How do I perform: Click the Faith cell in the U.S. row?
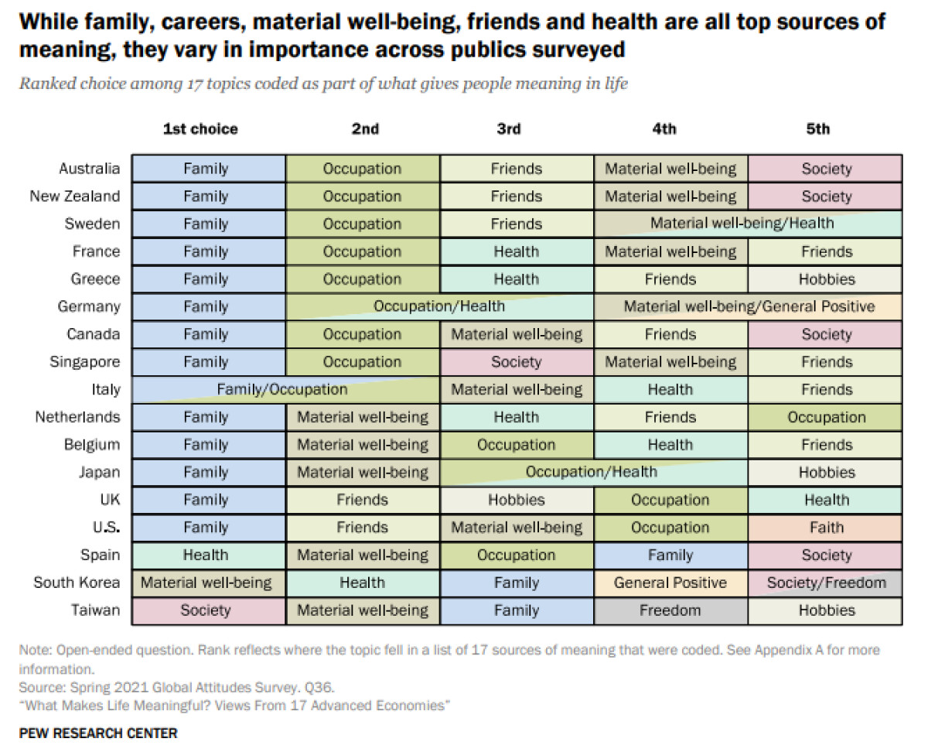click(825, 528)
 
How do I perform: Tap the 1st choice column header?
click(200, 129)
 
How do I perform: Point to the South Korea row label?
click(77, 583)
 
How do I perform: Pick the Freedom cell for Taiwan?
click(670, 610)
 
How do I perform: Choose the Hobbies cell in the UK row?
click(517, 500)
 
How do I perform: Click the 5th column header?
click(817, 129)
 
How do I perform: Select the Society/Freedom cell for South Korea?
click(825, 583)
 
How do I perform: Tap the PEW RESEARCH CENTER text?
click(98, 733)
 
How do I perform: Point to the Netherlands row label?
click(77, 417)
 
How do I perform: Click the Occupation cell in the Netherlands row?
click(825, 418)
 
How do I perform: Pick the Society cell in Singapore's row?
click(517, 362)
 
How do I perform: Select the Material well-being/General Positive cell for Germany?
click(748, 307)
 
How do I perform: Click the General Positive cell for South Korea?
click(670, 583)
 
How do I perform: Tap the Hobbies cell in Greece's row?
click(825, 279)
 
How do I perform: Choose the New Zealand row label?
click(75, 197)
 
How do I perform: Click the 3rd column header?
click(508, 129)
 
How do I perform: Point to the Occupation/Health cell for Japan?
click(593, 473)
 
